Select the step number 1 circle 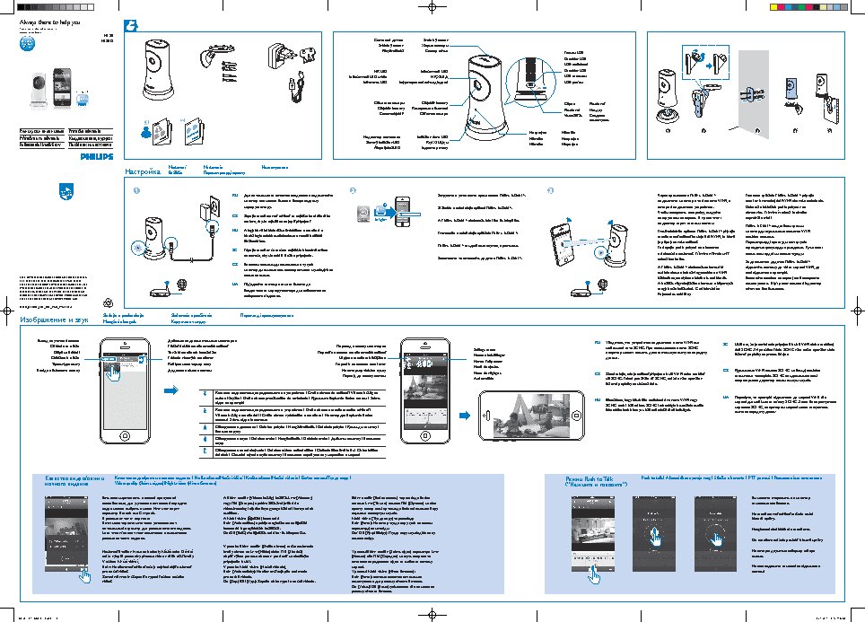click(136, 191)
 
